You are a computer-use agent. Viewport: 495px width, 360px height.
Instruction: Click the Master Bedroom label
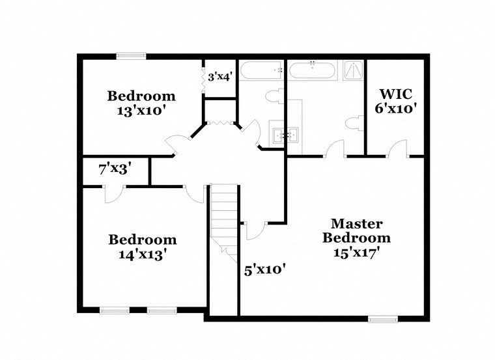pyautogui.click(x=357, y=230)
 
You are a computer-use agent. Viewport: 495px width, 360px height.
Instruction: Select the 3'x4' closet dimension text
pyautogui.click(x=219, y=77)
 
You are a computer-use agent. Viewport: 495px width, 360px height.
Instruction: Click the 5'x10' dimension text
pyautogui.click(x=264, y=269)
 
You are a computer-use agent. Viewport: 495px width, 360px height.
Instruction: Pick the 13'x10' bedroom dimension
pyautogui.click(x=141, y=111)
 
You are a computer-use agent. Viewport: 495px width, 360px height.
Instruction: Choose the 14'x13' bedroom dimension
pyautogui.click(x=142, y=255)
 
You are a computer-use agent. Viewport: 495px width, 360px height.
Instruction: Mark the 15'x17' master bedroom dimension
pyautogui.click(x=357, y=252)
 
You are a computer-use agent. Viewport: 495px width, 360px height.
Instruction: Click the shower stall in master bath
pyautogui.click(x=352, y=68)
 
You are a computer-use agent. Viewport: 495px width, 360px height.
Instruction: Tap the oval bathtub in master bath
pyautogui.click(x=312, y=70)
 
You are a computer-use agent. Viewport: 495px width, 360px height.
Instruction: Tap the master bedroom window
pyautogui.click(x=382, y=319)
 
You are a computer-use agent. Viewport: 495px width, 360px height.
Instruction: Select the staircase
pyautogui.click(x=223, y=218)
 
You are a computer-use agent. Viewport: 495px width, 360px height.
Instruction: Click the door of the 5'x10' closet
pyautogui.click(x=255, y=228)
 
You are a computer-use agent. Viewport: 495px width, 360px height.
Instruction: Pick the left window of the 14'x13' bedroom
pyautogui.click(x=115, y=311)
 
